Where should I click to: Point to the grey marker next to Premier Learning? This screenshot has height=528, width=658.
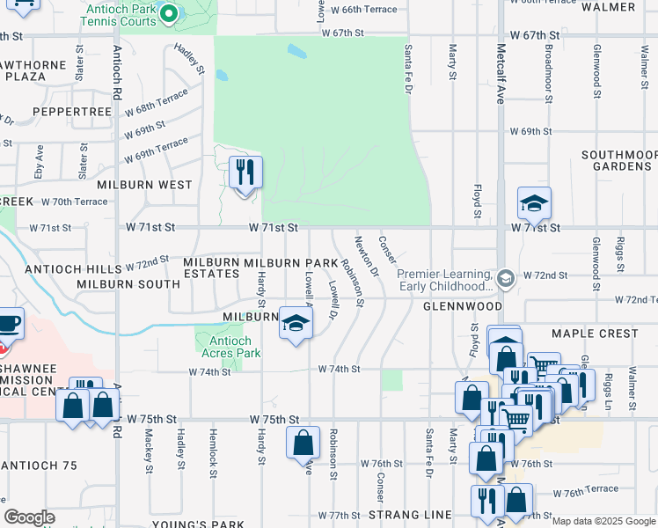[505, 279]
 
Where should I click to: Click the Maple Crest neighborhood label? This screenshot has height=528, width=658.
[594, 334]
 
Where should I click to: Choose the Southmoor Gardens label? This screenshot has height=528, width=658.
[619, 160]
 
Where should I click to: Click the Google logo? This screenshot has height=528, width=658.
[29, 517]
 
